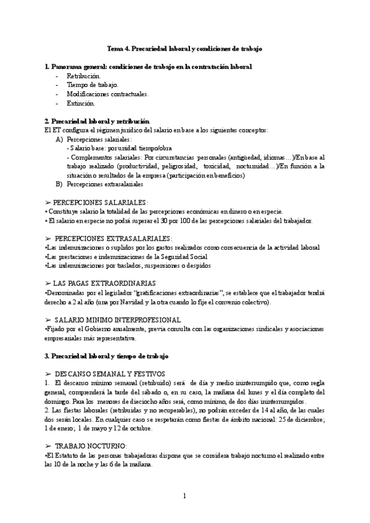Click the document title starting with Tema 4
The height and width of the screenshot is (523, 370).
point(185,47)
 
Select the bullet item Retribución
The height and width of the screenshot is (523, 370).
point(84,75)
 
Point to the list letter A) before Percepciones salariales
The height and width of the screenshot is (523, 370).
point(59,139)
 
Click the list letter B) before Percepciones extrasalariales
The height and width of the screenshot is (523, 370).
point(59,183)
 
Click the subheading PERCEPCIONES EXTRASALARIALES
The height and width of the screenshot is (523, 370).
point(109,238)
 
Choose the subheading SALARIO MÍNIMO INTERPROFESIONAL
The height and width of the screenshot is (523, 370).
point(117,319)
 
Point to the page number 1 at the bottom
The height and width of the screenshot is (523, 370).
point(184,496)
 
